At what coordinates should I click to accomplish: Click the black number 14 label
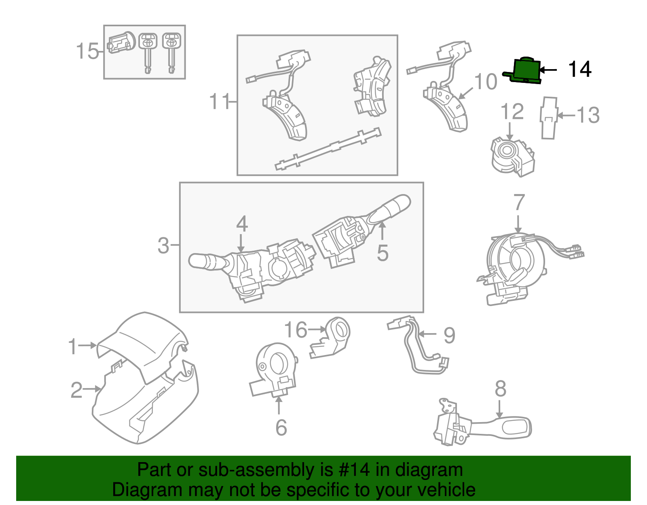click(579, 70)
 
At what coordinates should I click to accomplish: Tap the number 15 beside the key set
click(87, 51)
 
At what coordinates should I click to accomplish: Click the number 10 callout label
click(485, 82)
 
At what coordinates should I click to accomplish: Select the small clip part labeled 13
click(549, 118)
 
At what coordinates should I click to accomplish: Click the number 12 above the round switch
click(512, 112)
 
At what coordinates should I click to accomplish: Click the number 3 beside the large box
click(163, 245)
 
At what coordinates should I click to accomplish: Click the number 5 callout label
click(382, 253)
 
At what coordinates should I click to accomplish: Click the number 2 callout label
click(76, 390)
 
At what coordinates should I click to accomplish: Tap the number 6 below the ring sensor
click(281, 428)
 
